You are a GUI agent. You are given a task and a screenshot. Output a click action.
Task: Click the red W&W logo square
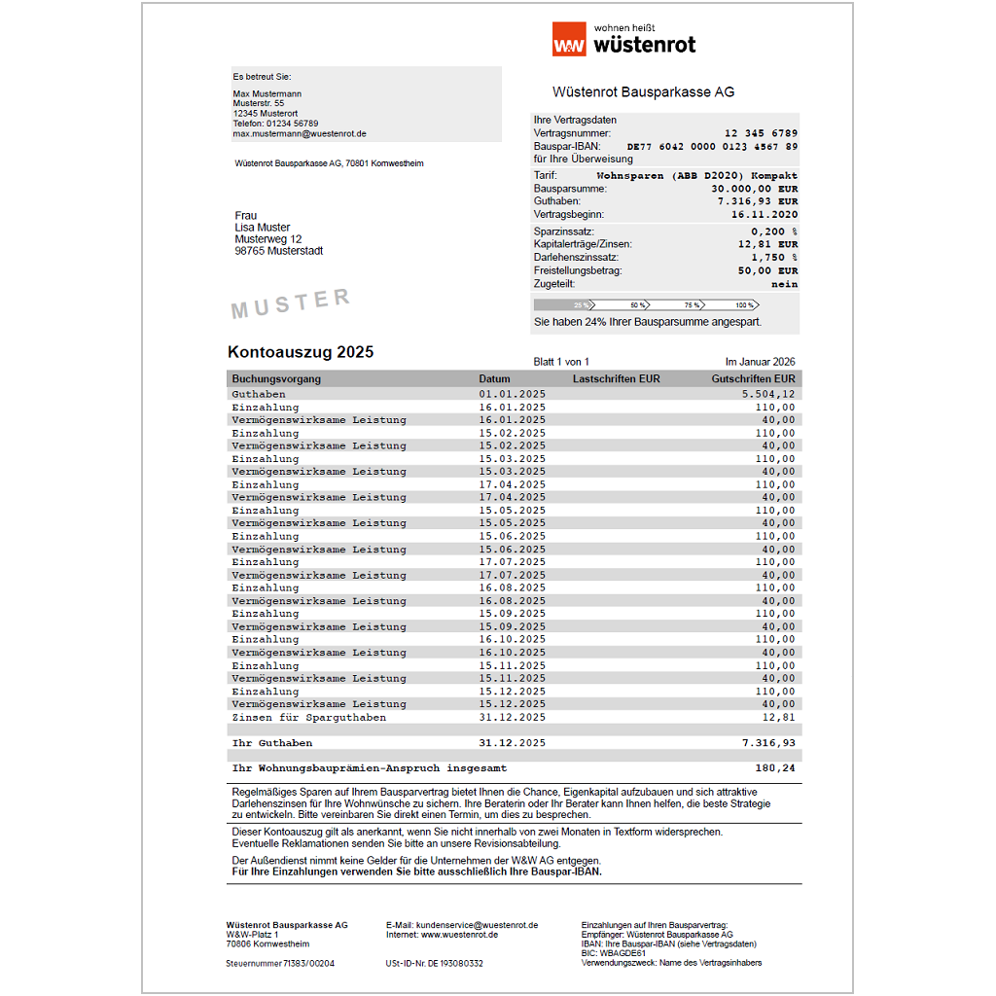click(569, 40)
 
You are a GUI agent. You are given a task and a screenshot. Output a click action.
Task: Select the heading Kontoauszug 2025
click(301, 352)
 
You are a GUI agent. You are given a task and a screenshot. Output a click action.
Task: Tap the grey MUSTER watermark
click(290, 303)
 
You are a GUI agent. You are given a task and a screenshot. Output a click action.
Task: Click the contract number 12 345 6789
click(761, 133)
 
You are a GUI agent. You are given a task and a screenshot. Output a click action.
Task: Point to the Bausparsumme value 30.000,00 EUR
click(754, 189)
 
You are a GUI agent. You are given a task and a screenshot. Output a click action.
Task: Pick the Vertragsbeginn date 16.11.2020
click(765, 214)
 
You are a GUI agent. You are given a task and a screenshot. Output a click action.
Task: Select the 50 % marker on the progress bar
click(638, 305)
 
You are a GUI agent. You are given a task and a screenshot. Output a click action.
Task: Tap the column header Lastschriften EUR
click(616, 379)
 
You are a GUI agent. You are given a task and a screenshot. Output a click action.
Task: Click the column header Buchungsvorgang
click(276, 379)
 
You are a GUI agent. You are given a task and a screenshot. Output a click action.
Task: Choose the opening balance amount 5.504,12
click(767, 394)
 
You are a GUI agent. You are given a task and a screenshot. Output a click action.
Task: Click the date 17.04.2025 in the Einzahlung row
click(512, 484)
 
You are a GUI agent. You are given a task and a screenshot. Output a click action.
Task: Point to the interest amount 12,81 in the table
click(778, 718)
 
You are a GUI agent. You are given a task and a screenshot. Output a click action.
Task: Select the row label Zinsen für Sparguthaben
click(308, 718)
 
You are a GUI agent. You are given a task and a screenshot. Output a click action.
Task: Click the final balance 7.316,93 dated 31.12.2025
click(767, 743)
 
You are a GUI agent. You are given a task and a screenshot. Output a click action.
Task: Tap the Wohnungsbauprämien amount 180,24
click(774, 768)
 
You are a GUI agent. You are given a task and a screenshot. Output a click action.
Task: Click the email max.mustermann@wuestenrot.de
click(300, 134)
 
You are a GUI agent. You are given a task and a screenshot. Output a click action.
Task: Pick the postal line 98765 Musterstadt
click(278, 251)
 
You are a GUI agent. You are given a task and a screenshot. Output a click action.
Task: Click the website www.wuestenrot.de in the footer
click(460, 934)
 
